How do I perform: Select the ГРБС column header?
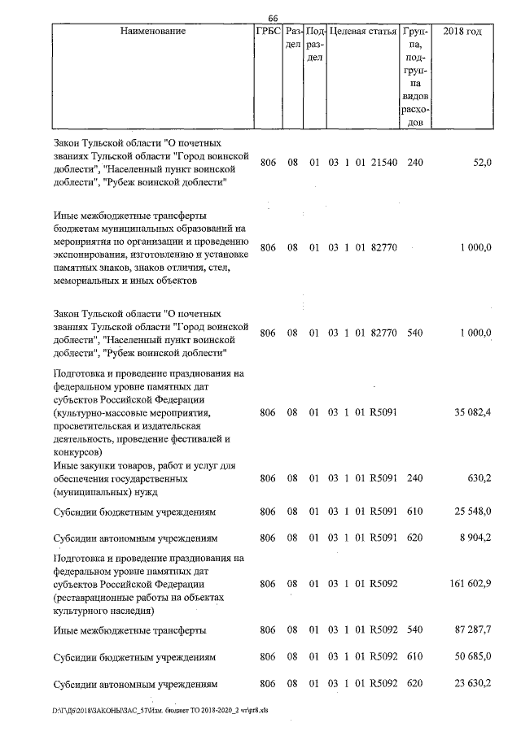[268, 32]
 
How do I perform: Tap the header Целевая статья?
[362, 32]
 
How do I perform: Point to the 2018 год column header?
[462, 32]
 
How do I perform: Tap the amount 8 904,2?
[475, 538]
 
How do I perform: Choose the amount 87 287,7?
[473, 630]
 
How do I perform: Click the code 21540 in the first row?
[383, 163]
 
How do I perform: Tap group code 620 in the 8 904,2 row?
[415, 538]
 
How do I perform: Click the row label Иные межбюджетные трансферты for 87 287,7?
[129, 630]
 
